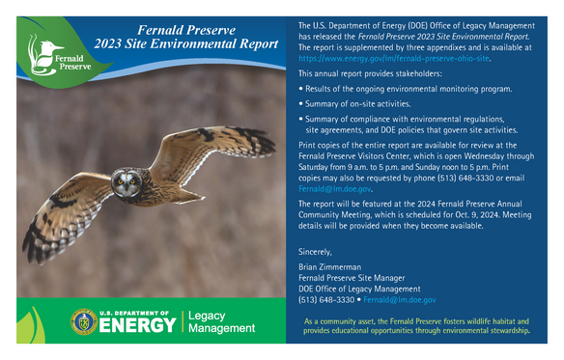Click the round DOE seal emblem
tap(83, 322)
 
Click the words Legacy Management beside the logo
tap(221, 322)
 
